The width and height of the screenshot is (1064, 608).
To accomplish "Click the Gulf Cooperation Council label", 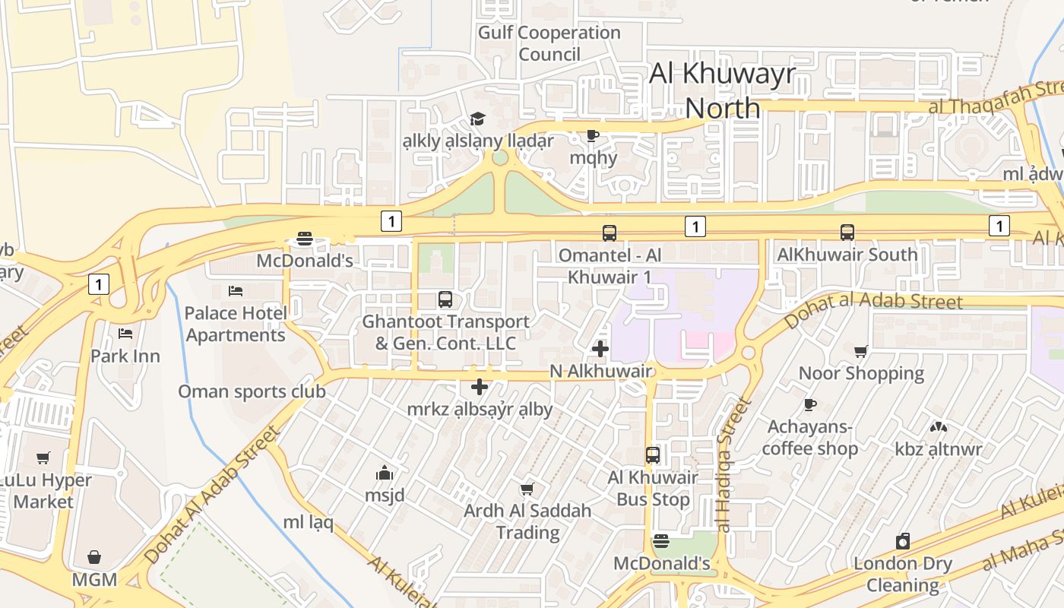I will pyautogui.click(x=549, y=43).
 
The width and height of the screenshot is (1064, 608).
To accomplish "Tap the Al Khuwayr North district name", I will pyautogui.click(x=722, y=90).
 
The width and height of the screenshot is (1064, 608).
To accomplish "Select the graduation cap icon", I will pyautogui.click(x=477, y=119).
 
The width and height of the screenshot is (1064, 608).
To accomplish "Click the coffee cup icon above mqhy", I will pyautogui.click(x=593, y=136).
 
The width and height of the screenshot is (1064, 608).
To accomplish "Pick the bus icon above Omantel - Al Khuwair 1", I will pyautogui.click(x=610, y=233).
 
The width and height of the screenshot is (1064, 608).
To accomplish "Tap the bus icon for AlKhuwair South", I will pyautogui.click(x=847, y=233).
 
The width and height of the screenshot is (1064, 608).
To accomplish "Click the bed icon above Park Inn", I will pyautogui.click(x=125, y=333).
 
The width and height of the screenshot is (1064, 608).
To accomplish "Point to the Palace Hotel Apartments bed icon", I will pyautogui.click(x=236, y=290).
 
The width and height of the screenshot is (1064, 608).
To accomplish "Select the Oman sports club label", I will pyautogui.click(x=252, y=391).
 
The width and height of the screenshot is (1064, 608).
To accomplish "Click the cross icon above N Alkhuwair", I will pyautogui.click(x=600, y=349).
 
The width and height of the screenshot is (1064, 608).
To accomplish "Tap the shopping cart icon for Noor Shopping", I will pyautogui.click(x=861, y=351).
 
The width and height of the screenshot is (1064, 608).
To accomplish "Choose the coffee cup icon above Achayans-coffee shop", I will pyautogui.click(x=810, y=404).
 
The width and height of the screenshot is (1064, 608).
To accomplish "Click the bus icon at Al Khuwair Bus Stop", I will pyautogui.click(x=653, y=455).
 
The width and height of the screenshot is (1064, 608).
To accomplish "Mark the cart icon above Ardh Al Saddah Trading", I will pyautogui.click(x=527, y=489).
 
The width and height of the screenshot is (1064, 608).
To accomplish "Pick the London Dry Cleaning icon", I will pyautogui.click(x=903, y=541).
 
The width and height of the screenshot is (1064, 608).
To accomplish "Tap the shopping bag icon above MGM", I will pyautogui.click(x=94, y=557).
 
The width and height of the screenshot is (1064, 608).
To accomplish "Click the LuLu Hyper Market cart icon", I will pyautogui.click(x=43, y=458).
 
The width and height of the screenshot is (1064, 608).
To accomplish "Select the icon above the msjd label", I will pyautogui.click(x=385, y=473).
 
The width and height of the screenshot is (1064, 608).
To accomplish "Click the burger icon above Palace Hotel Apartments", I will pyautogui.click(x=305, y=239).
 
